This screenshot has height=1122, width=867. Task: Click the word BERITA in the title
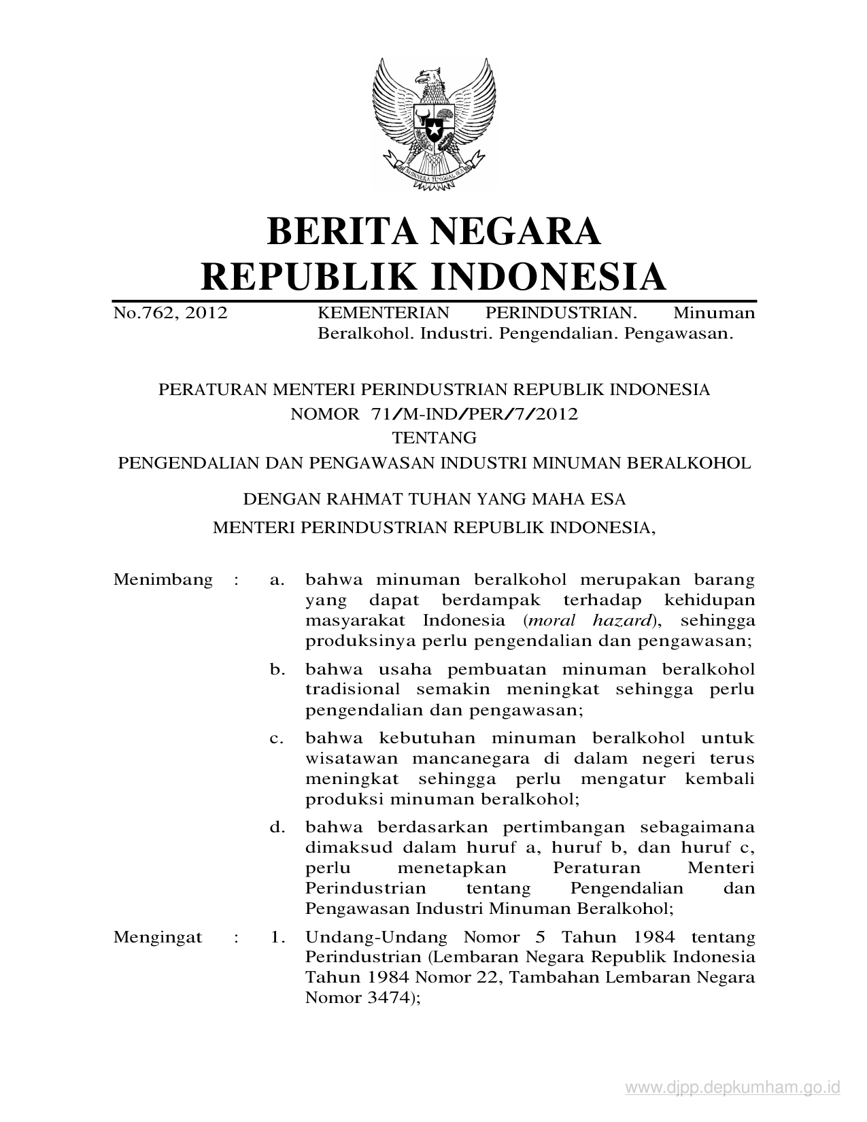click(348, 231)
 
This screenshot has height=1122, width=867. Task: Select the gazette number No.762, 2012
click(170, 313)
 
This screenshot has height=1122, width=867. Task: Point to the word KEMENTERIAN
click(384, 313)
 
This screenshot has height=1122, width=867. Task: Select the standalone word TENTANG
click(434, 437)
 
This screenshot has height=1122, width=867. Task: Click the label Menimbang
click(163, 580)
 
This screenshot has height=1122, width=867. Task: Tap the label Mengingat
click(158, 937)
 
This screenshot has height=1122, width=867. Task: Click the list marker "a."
click(275, 580)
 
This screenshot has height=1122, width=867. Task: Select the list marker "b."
click(276, 669)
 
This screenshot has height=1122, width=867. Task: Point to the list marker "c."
click(276, 738)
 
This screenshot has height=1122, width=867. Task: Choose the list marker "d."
click(276, 828)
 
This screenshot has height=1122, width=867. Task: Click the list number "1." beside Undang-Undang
click(277, 937)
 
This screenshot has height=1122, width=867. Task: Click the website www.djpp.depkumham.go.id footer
click(732, 1088)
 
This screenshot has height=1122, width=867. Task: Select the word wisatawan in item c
click(350, 758)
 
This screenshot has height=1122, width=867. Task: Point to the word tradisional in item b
click(352, 690)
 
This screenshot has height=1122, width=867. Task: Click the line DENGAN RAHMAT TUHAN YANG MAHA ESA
click(434, 500)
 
